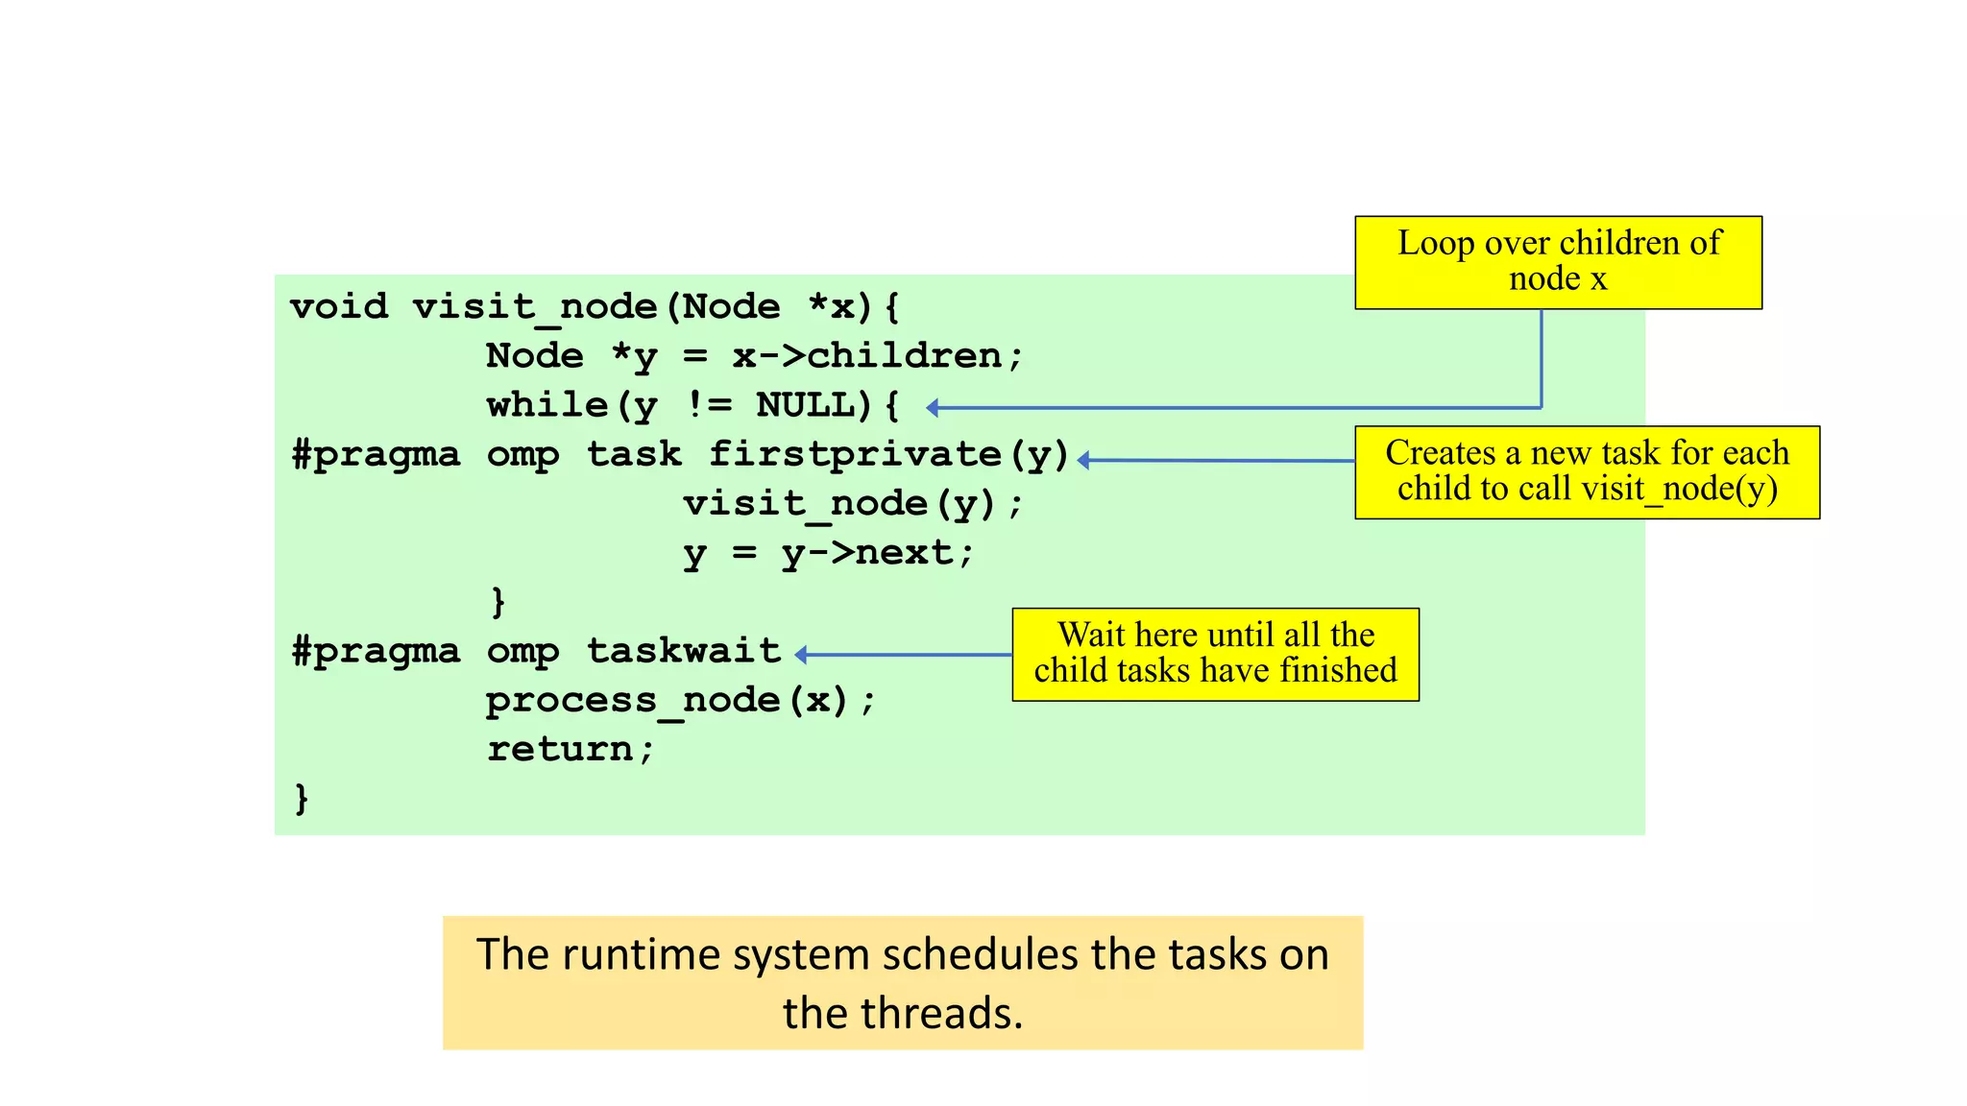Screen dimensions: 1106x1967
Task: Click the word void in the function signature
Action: click(x=338, y=307)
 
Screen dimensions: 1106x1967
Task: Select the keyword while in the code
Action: click(x=546, y=405)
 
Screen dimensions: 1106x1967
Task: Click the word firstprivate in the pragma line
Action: click(x=855, y=454)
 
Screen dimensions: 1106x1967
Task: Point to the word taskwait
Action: click(x=684, y=651)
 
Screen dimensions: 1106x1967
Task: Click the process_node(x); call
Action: click(x=680, y=700)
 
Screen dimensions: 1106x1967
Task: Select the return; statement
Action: click(x=570, y=749)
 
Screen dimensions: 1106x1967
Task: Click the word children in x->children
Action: click(x=904, y=356)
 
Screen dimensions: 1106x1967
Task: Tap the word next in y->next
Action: click(x=904, y=553)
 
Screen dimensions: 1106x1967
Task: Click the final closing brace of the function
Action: click(x=301, y=798)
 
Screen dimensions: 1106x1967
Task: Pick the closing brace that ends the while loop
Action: click(x=498, y=601)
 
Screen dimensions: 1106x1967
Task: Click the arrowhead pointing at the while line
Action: click(x=932, y=408)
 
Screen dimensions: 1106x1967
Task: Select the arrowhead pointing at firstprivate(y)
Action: click(x=1083, y=461)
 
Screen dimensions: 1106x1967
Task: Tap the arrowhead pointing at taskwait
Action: click(x=801, y=655)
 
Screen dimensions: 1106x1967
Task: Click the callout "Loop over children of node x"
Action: click(x=1558, y=261)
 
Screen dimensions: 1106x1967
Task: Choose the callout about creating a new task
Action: click(x=1587, y=471)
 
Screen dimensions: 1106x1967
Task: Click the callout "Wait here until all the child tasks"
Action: click(x=1215, y=654)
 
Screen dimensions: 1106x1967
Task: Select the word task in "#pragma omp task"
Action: click(x=634, y=454)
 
